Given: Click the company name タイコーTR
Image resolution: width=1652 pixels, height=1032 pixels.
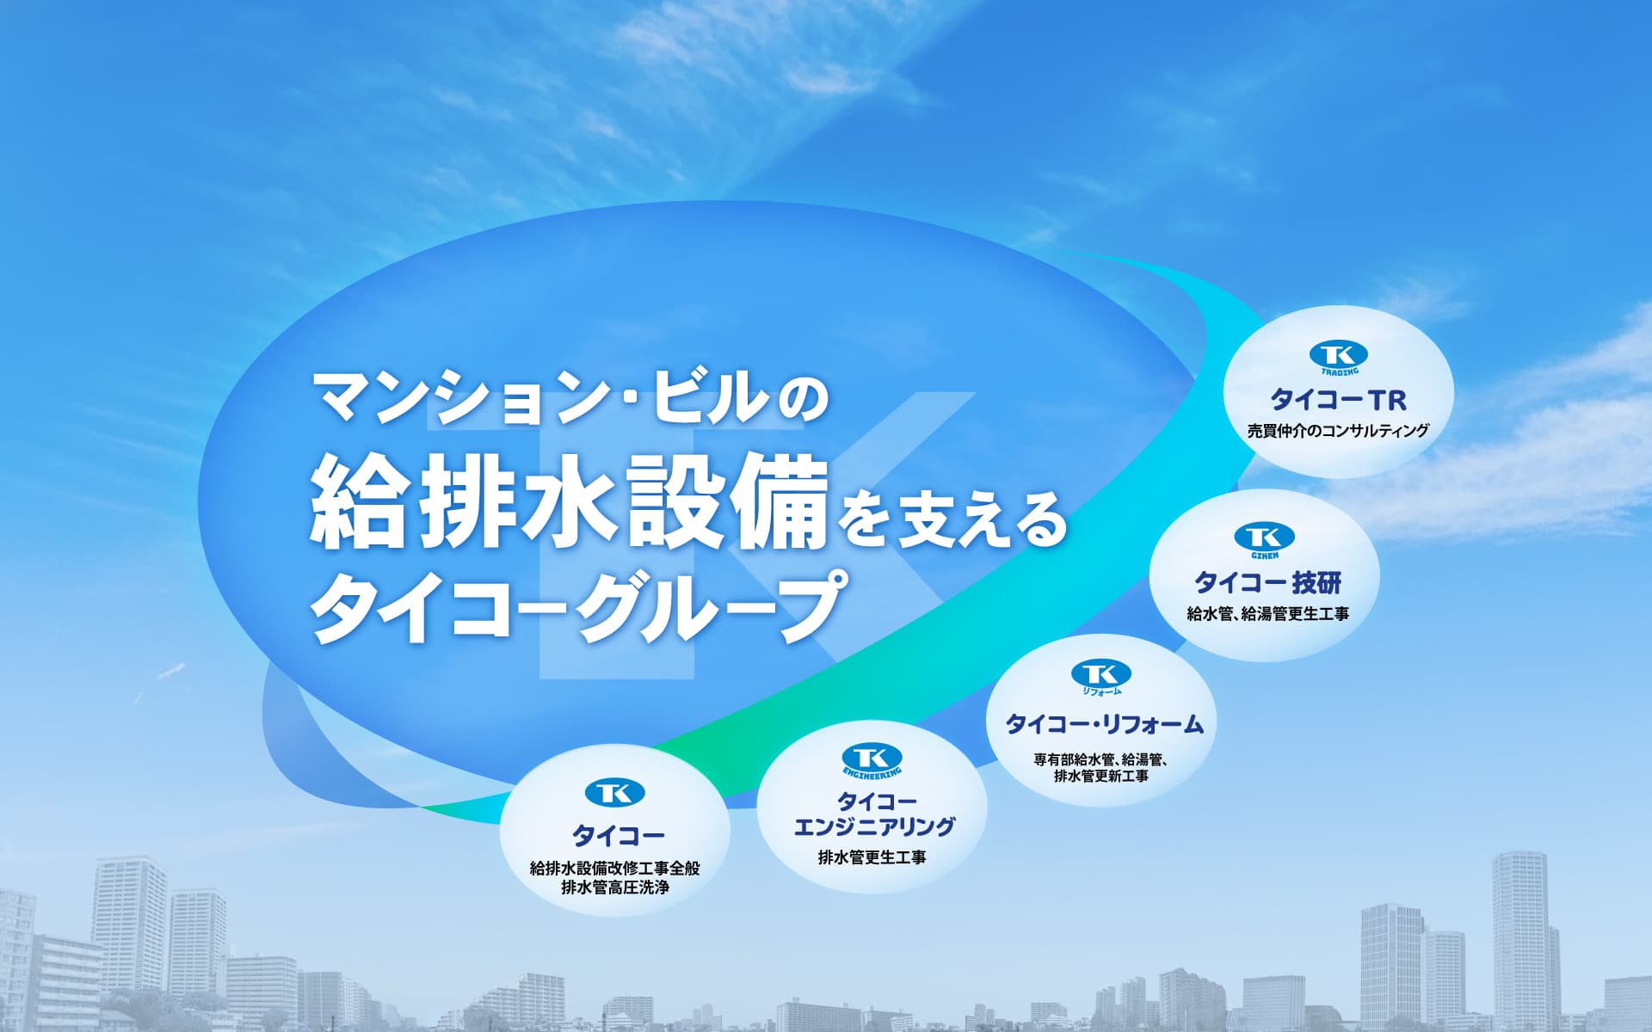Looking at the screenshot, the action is tap(1338, 400).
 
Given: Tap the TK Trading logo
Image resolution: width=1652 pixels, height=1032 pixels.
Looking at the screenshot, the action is tap(1338, 358).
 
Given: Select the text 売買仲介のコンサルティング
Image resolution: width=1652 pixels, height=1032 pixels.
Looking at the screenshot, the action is tap(1338, 431).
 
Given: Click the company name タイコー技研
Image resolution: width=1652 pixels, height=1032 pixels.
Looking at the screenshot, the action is tap(1267, 583).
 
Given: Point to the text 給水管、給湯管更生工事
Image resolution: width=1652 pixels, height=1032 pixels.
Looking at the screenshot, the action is tap(1267, 614).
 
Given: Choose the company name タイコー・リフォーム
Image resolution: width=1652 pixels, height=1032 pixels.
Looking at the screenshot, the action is tap(1105, 724).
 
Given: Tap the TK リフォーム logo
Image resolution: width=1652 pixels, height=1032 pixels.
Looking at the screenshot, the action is tap(1101, 678).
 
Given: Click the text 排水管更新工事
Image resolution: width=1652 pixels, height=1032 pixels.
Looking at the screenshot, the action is tap(1101, 777).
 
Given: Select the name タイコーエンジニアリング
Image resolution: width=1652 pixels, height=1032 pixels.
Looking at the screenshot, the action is tap(873, 814).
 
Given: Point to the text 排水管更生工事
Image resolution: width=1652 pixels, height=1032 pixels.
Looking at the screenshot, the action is tap(872, 857).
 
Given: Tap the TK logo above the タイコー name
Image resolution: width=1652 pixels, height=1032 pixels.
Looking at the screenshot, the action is tap(614, 792).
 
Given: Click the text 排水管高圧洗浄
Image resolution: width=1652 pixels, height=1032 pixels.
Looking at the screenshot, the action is tap(615, 888).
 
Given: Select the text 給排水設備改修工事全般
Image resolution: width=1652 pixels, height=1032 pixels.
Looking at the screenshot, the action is tap(615, 869).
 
